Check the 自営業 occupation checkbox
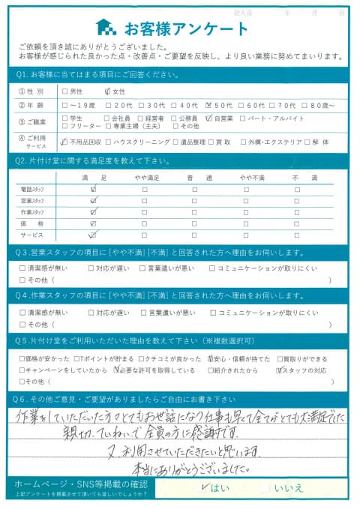coord(208,118)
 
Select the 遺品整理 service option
coord(175,142)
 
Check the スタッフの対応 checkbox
coord(278,370)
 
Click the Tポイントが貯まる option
coord(77,358)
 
